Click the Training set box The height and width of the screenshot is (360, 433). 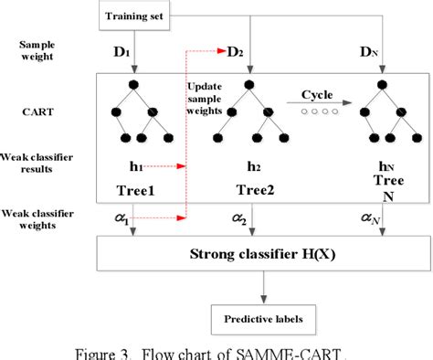(x=135, y=16)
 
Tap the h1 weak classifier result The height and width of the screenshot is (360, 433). (x=134, y=166)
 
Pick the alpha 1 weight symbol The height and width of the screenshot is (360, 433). (x=132, y=220)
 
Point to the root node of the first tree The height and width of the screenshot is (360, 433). (x=134, y=85)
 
